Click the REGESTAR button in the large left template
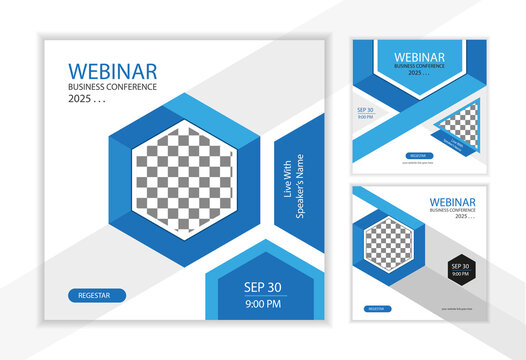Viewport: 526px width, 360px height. click(x=97, y=295)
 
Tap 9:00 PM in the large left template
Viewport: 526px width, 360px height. click(x=262, y=303)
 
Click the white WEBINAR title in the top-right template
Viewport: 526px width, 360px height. click(x=419, y=58)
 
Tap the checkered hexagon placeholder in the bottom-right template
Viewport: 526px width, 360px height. click(x=389, y=243)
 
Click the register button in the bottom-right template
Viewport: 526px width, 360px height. click(x=377, y=309)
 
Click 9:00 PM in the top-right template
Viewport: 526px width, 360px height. click(x=364, y=117)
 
